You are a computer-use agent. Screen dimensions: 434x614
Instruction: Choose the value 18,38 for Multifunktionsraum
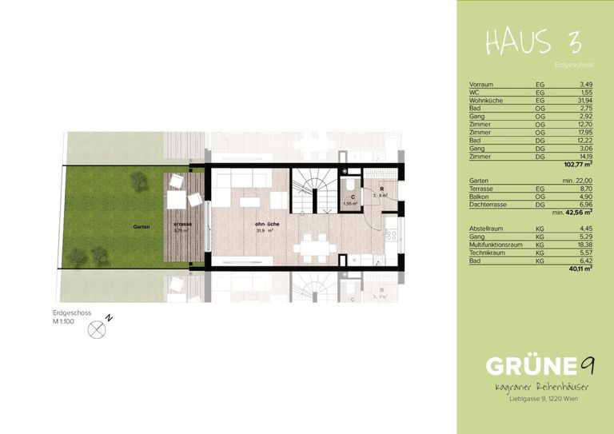tap(581, 245)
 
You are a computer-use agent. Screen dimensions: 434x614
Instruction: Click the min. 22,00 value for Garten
tap(573, 181)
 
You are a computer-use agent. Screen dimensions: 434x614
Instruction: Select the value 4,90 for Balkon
tap(584, 197)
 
